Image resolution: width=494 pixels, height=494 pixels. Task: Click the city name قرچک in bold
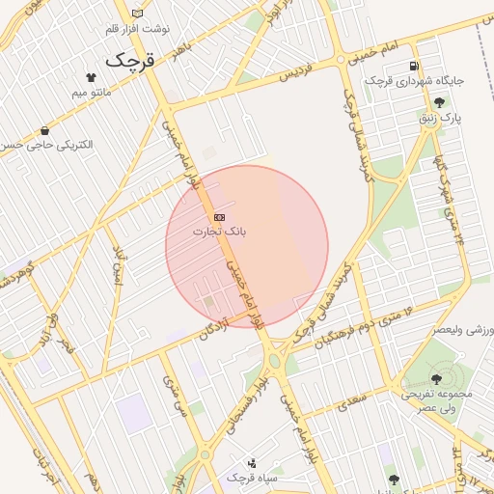point(129,60)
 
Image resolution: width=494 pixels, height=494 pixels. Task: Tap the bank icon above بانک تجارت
point(220,217)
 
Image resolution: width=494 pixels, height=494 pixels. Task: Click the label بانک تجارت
point(219,232)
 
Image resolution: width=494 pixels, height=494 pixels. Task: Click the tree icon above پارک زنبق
point(440,102)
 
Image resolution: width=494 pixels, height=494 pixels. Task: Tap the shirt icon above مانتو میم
point(91,75)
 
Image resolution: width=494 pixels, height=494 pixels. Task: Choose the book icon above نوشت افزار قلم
point(137,14)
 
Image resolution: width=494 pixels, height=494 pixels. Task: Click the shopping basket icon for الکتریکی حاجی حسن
point(44,130)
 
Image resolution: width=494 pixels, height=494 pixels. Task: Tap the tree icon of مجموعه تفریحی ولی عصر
point(437,379)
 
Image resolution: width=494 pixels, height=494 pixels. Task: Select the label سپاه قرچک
point(253,478)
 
